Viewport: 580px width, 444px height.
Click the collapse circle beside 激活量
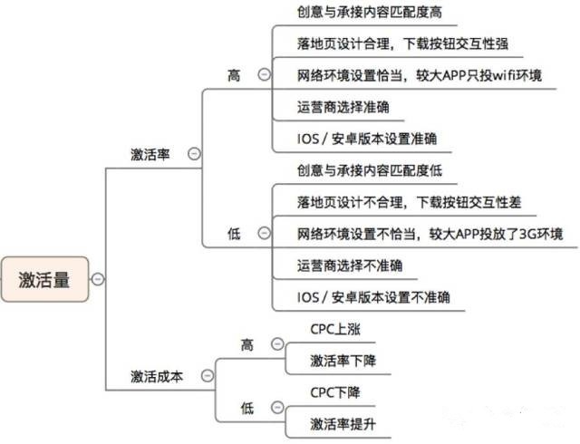[x=98, y=280]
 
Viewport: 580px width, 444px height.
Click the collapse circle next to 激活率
[x=193, y=153]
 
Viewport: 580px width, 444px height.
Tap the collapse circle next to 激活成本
[x=207, y=375]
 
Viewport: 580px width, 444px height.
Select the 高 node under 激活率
[x=234, y=75]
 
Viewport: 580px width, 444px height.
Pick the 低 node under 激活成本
[x=247, y=407]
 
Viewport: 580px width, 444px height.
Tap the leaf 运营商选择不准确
[x=350, y=265]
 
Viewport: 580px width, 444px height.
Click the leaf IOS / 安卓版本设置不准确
[x=374, y=296]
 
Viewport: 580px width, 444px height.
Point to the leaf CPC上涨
[x=335, y=329]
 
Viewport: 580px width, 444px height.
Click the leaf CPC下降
[x=335, y=392]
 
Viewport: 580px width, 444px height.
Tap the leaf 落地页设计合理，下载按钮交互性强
[x=408, y=44]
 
